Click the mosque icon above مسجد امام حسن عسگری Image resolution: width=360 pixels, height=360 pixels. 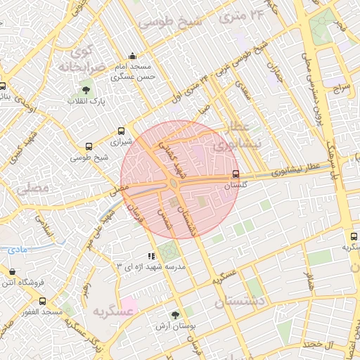(132, 57)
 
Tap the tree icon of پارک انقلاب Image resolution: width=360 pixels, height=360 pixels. (86, 90)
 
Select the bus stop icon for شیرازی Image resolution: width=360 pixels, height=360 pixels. (122, 131)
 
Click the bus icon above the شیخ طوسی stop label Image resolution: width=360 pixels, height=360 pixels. (89, 146)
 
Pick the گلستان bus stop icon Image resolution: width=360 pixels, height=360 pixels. (236, 174)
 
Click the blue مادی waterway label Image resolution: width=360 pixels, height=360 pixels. (18, 250)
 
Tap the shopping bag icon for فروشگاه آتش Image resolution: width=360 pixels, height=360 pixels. (12, 271)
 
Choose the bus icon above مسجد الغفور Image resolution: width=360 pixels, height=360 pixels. (42, 301)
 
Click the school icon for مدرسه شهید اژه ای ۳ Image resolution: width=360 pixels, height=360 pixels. (150, 257)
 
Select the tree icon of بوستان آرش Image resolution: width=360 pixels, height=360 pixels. (175, 315)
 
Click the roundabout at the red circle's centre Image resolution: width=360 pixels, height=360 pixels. (174, 184)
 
